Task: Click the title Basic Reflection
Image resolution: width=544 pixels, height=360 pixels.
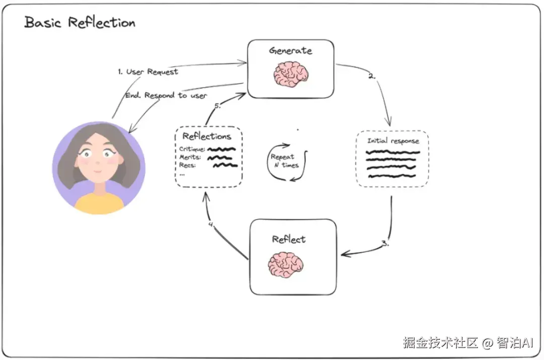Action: click(80, 23)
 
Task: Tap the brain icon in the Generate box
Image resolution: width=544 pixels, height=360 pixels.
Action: click(292, 74)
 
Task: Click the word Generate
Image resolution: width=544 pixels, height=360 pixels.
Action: click(291, 50)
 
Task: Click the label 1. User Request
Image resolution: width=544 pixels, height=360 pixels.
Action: click(148, 71)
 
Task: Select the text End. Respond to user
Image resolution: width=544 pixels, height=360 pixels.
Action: click(166, 95)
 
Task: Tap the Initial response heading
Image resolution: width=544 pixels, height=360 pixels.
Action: click(393, 141)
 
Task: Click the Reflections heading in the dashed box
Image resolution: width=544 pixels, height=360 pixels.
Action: click(207, 136)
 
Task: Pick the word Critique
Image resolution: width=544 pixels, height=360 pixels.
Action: click(192, 149)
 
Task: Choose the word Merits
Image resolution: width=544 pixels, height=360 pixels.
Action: click(190, 157)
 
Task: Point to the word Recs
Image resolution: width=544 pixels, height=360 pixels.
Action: click(187, 165)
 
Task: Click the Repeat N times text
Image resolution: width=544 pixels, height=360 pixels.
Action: click(285, 161)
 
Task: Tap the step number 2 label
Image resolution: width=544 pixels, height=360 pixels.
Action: click(372, 77)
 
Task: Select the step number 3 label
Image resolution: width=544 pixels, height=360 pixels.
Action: click(385, 243)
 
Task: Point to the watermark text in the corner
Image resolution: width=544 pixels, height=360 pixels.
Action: click(467, 343)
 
